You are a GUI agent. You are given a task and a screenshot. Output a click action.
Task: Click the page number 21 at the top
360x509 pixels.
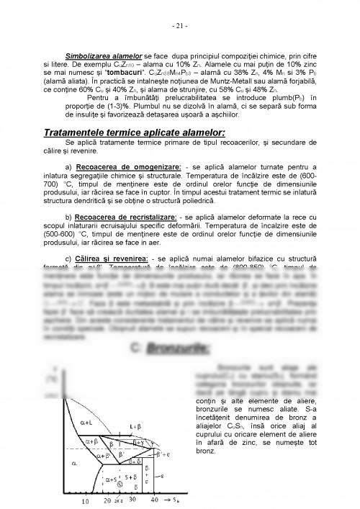coord(179,27)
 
